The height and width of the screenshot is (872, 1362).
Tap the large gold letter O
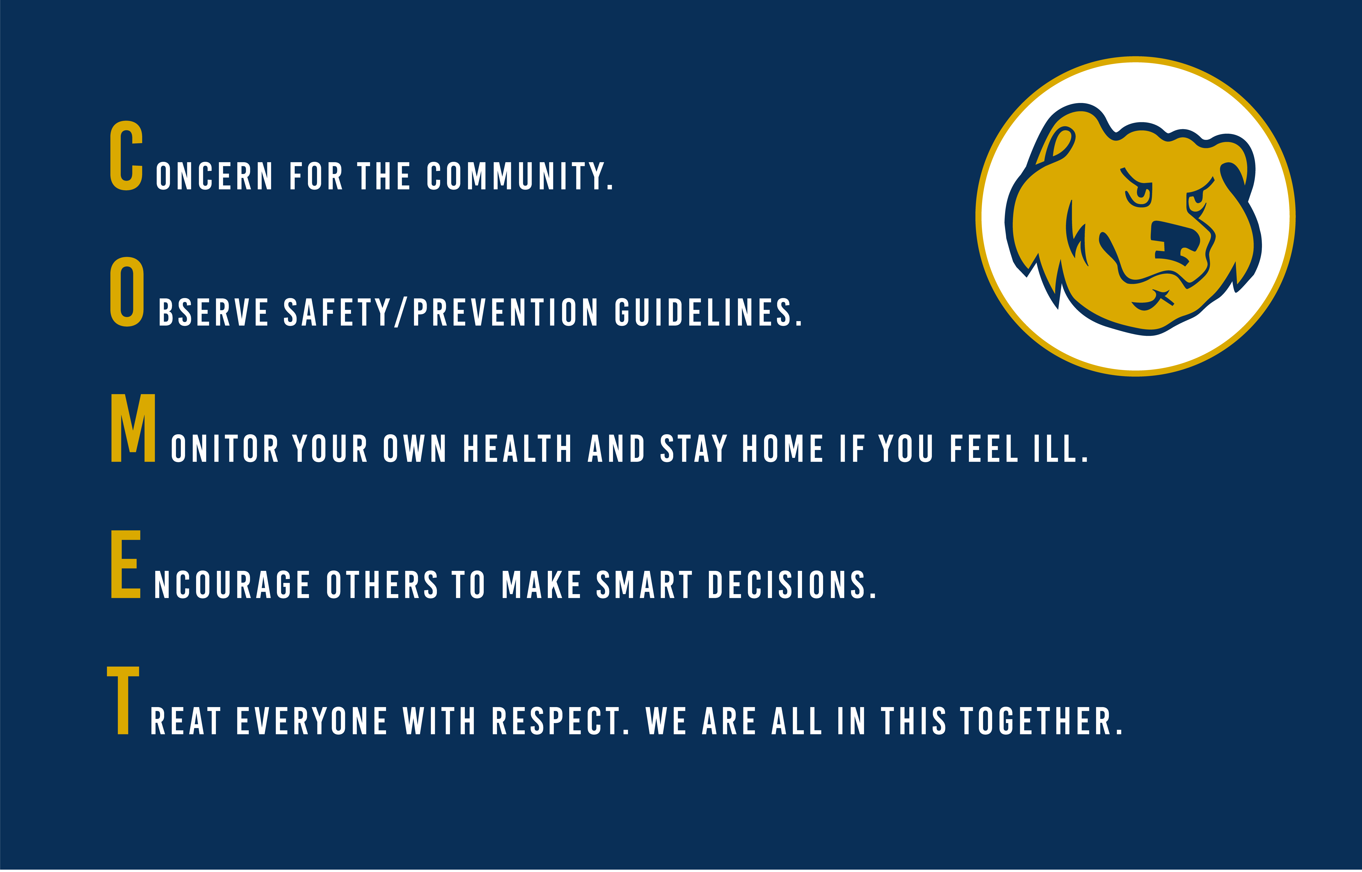click(x=127, y=292)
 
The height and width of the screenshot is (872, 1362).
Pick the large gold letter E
click(x=125, y=565)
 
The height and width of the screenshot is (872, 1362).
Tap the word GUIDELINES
click(x=708, y=313)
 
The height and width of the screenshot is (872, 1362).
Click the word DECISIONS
click(x=791, y=585)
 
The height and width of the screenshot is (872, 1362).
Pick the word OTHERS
click(x=382, y=585)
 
